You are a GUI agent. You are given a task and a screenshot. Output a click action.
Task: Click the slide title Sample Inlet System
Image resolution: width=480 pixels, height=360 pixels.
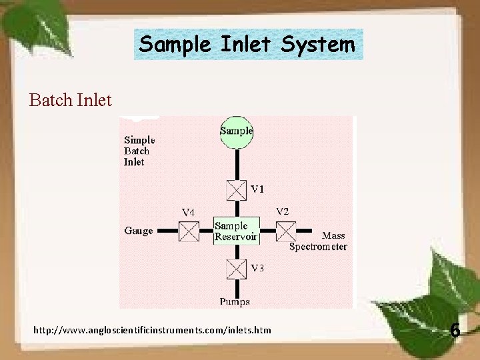(x=248, y=45)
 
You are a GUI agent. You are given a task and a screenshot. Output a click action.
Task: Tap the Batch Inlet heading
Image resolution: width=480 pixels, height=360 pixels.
(x=71, y=100)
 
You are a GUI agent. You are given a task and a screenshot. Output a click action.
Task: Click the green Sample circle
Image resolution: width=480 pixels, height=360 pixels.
(x=237, y=131)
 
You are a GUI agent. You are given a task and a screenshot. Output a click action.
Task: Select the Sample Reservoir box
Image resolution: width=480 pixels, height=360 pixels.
(x=235, y=231)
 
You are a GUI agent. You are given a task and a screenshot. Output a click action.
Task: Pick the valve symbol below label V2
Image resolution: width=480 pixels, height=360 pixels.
(x=286, y=231)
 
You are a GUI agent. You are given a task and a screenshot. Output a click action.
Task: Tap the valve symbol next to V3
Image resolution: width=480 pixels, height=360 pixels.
(x=236, y=269)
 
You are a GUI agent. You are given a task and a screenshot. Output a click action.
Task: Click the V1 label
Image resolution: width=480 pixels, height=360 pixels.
(x=257, y=189)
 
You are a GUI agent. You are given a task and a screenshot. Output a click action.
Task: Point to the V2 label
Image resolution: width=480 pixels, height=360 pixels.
(x=283, y=211)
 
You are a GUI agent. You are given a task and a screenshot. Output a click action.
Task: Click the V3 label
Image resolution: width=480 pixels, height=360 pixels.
(x=257, y=268)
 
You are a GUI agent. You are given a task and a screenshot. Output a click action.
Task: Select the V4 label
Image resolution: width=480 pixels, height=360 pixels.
(x=189, y=212)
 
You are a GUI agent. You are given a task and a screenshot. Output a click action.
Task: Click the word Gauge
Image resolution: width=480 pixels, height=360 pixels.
(x=139, y=231)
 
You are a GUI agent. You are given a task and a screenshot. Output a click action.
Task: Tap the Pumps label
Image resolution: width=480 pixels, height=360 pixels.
(x=235, y=301)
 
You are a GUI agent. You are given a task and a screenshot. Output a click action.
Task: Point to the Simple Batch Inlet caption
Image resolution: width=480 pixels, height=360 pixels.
(x=139, y=151)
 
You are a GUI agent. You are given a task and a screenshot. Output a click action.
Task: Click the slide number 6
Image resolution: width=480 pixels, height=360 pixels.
(x=455, y=330)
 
